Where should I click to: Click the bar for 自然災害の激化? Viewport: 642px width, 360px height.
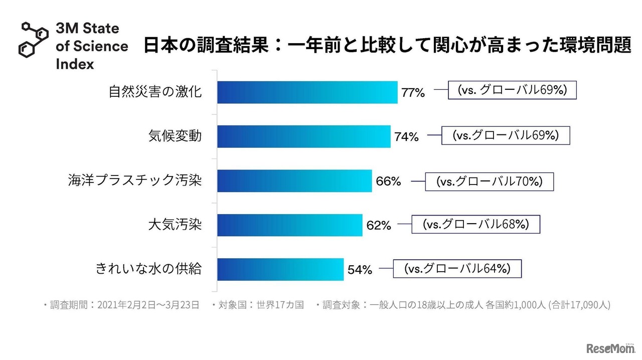307,92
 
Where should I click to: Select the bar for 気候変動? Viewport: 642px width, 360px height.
303,136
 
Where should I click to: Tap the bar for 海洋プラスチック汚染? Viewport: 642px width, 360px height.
294,181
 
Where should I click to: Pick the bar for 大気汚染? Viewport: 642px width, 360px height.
289,225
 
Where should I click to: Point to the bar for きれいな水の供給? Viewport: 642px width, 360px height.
280,269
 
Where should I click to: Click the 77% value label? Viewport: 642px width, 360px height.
413,93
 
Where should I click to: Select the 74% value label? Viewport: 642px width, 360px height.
406,137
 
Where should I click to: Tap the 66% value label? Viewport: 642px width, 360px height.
388,181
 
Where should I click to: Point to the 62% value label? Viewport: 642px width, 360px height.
379,225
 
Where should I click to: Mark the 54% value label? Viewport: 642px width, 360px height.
360,270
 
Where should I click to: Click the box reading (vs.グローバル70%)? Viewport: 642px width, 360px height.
489,182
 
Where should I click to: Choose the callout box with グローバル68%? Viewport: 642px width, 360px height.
476,224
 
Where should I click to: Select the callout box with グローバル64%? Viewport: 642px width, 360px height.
457,268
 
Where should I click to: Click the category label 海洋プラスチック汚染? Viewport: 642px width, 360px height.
134,181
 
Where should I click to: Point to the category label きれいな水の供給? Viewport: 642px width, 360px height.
148,269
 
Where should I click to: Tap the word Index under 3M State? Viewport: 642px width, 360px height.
75,64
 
